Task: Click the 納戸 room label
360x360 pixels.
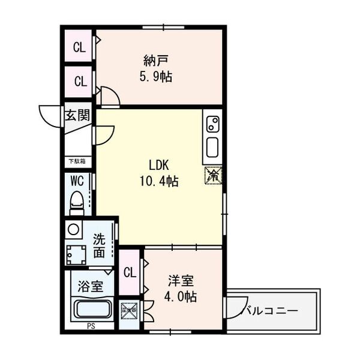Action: [155, 60]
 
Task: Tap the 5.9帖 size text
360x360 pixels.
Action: [155, 77]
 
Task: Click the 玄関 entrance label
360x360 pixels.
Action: [78, 115]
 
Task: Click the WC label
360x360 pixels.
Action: [77, 180]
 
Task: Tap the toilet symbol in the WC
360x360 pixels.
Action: [77, 202]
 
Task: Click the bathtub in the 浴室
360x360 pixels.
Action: [91, 310]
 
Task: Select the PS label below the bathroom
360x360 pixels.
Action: [91, 327]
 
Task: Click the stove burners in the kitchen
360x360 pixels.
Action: [212, 124]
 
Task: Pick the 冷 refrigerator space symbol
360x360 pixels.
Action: [212, 176]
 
